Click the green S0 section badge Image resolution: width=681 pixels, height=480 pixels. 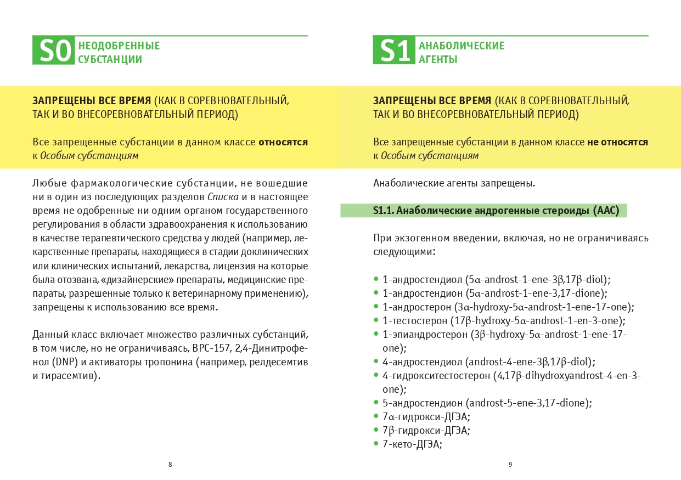(53, 51)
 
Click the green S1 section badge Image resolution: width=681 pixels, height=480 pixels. (393, 51)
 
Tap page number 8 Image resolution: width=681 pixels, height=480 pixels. (170, 464)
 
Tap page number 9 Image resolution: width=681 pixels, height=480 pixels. (510, 464)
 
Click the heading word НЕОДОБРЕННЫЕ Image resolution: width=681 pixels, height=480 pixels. (119, 46)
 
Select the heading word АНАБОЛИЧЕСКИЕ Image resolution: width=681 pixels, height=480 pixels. (461, 46)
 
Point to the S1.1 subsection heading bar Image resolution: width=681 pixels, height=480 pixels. (483, 211)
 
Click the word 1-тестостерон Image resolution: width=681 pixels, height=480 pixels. (414, 320)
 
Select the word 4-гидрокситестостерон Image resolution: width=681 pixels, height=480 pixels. (437, 376)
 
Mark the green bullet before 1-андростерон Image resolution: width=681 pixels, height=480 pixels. (376, 307)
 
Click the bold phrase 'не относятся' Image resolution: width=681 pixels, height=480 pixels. (617, 142)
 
